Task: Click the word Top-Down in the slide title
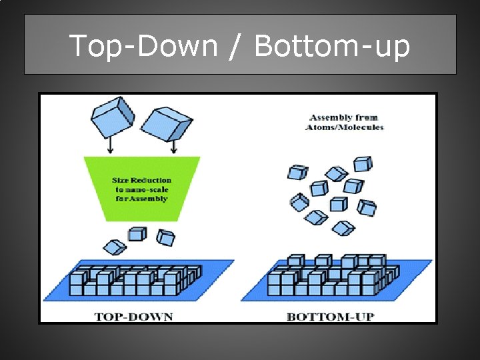coord(143,46)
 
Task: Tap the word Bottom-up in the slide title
coord(331,46)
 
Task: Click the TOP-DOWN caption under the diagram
coord(133,316)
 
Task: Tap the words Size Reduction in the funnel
coord(141,180)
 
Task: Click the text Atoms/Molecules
coord(345,127)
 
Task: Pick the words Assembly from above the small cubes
coord(345,117)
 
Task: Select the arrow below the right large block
coord(174,146)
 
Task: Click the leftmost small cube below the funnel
coord(116,247)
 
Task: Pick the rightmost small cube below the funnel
coord(165,237)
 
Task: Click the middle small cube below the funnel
coord(137,233)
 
